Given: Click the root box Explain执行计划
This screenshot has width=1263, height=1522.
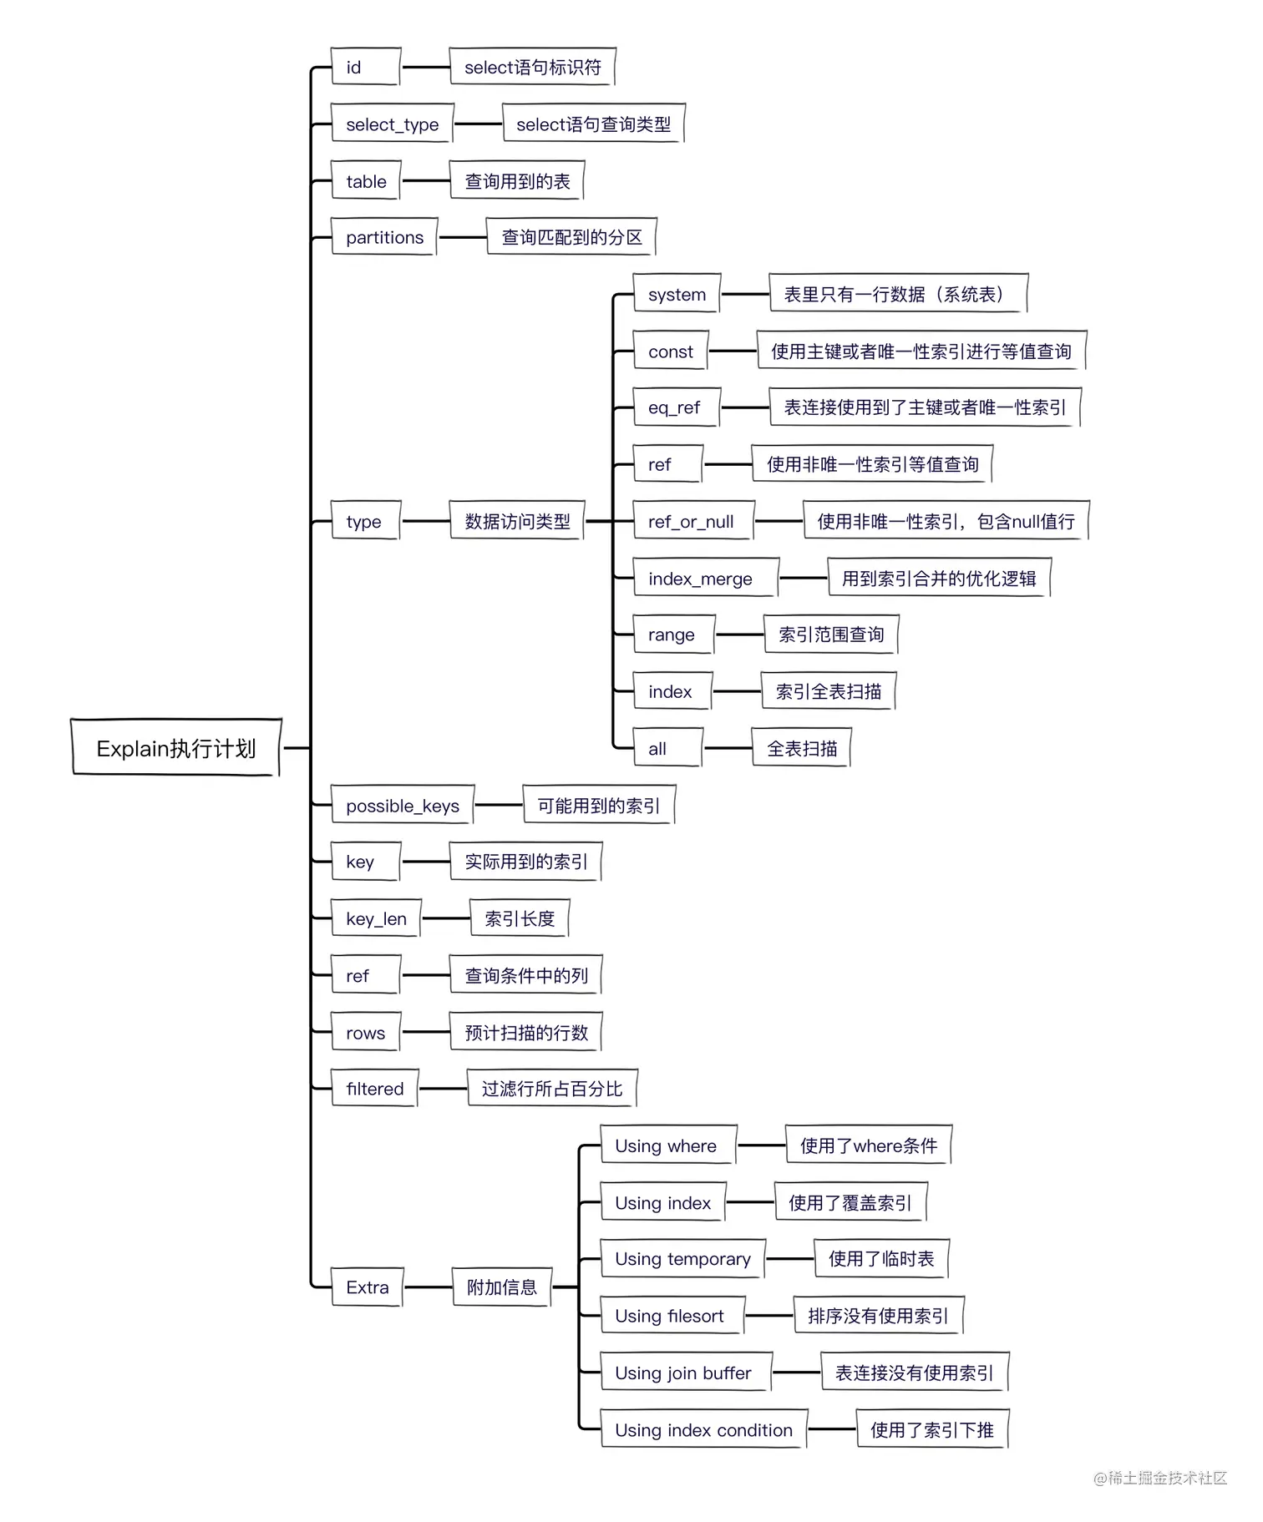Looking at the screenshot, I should tap(175, 748).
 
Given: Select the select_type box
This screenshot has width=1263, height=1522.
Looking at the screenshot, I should tap(392, 124).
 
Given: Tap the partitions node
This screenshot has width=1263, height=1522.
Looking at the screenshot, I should tap(384, 237).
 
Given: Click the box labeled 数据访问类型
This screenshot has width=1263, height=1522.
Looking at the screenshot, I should tap(517, 521).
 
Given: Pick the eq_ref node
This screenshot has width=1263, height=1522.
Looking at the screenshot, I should tap(675, 407).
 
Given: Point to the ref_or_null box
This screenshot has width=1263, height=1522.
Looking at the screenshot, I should tap(692, 521).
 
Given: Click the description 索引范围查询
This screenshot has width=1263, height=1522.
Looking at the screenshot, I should tap(830, 635).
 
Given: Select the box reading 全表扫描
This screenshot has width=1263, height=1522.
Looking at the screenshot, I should tap(801, 748).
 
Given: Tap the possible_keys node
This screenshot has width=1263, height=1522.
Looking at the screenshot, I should tap(402, 806).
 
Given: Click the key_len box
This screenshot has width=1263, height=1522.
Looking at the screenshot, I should tap(376, 918).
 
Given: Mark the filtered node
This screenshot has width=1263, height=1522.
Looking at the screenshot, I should tap(374, 1089).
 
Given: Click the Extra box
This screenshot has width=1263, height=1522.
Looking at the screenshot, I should tap(368, 1287).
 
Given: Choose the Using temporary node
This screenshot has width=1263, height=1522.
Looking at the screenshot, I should tap(682, 1259).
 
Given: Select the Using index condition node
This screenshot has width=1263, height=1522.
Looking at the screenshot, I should tap(703, 1429).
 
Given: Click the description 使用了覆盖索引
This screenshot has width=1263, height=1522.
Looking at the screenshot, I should tap(850, 1202).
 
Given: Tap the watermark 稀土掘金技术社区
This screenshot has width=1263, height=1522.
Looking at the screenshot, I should tap(1161, 1478).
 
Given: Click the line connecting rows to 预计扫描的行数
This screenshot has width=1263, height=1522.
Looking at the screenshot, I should tap(425, 1032).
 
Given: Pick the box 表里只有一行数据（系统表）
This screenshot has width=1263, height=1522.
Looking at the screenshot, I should tap(897, 294).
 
